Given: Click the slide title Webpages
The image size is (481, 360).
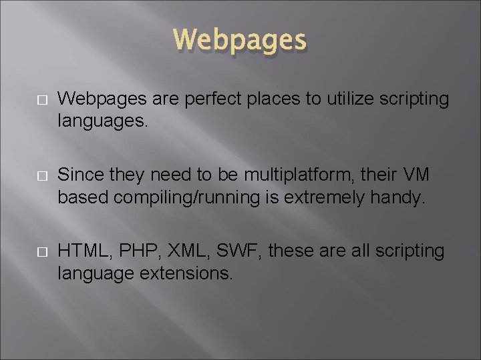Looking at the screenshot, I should tap(240, 40).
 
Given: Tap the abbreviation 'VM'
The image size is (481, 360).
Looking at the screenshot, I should tap(416, 176).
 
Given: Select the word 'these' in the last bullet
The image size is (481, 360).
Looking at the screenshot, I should tap(292, 251).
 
